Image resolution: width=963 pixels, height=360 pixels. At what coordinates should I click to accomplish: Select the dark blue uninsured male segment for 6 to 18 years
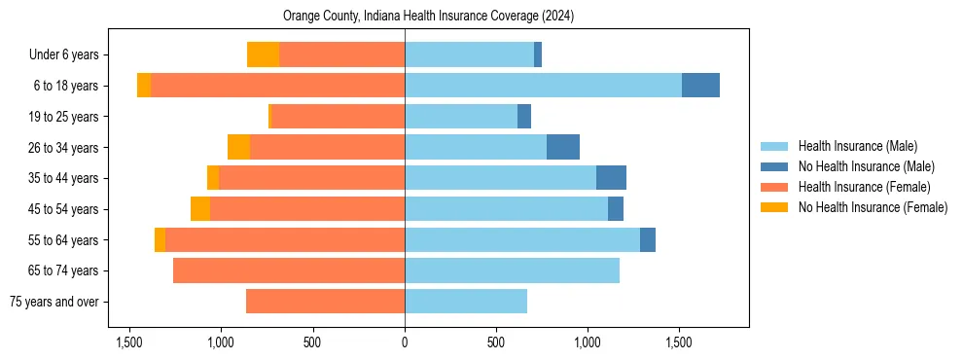click(700, 86)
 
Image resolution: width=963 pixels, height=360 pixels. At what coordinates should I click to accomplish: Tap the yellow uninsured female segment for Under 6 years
click(263, 54)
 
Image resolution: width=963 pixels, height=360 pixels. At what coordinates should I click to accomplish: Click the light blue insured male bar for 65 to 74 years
click(512, 270)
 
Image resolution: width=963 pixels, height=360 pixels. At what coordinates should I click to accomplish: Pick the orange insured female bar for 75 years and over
click(325, 302)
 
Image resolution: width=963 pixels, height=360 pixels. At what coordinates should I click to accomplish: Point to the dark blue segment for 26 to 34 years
click(563, 147)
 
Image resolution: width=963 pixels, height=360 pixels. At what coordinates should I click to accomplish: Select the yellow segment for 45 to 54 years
click(200, 209)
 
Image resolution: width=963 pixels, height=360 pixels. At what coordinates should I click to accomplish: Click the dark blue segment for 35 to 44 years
click(611, 178)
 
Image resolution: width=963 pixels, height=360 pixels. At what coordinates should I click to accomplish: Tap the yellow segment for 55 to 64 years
click(160, 240)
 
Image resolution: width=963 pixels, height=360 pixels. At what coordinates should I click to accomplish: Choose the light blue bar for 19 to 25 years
click(461, 117)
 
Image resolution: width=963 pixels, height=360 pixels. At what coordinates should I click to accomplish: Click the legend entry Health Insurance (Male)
click(857, 146)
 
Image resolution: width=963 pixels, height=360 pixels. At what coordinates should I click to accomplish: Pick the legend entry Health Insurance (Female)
click(864, 187)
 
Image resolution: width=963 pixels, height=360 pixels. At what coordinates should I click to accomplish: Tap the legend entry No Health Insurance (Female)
click(873, 207)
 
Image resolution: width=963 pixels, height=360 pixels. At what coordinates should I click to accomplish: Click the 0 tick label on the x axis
click(405, 342)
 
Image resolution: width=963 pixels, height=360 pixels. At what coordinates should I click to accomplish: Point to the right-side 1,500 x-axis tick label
click(679, 342)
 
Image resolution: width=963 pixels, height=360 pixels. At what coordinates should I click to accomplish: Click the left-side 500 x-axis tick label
click(312, 342)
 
